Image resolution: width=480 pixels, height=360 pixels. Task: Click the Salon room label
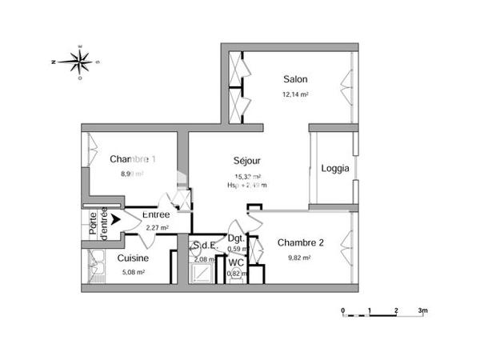(x=295, y=79)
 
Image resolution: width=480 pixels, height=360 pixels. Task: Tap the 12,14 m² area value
(x=295, y=94)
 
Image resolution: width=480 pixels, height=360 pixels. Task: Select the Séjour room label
(x=247, y=161)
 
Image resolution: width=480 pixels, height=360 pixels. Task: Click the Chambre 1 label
(x=133, y=158)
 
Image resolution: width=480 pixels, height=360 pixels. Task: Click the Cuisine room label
(x=132, y=258)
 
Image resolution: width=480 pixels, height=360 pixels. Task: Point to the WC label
(x=236, y=262)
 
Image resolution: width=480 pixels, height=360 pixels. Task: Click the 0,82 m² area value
(x=235, y=274)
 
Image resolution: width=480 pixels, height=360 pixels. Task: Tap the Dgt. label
(x=236, y=238)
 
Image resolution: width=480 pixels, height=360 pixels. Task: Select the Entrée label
(x=155, y=215)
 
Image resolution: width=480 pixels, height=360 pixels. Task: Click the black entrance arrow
(x=116, y=218)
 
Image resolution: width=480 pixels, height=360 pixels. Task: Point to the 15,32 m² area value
(x=248, y=177)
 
